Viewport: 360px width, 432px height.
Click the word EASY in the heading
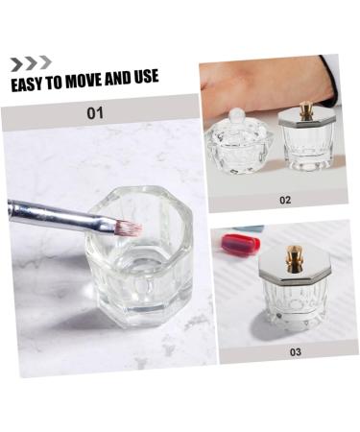28,84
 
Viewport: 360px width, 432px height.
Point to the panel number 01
95,113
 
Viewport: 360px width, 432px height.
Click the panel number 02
285,200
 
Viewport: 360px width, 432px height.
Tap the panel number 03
296,351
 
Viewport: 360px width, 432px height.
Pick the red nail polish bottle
240,243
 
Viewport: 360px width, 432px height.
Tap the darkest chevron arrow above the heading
16,63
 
